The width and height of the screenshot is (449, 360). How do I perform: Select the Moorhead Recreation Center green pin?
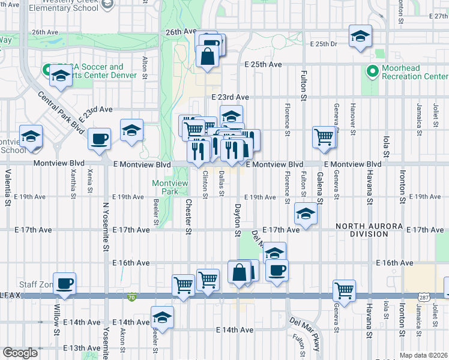(x=372, y=72)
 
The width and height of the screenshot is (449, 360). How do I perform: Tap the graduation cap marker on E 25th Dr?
(x=360, y=37)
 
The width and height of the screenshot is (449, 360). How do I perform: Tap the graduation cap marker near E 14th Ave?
(x=161, y=316)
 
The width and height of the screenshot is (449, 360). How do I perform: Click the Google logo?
(x=20, y=353)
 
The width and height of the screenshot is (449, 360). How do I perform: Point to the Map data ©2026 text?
(x=423, y=355)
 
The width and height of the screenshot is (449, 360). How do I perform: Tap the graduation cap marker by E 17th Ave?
(x=306, y=214)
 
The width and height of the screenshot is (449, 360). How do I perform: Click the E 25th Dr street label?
(x=325, y=44)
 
